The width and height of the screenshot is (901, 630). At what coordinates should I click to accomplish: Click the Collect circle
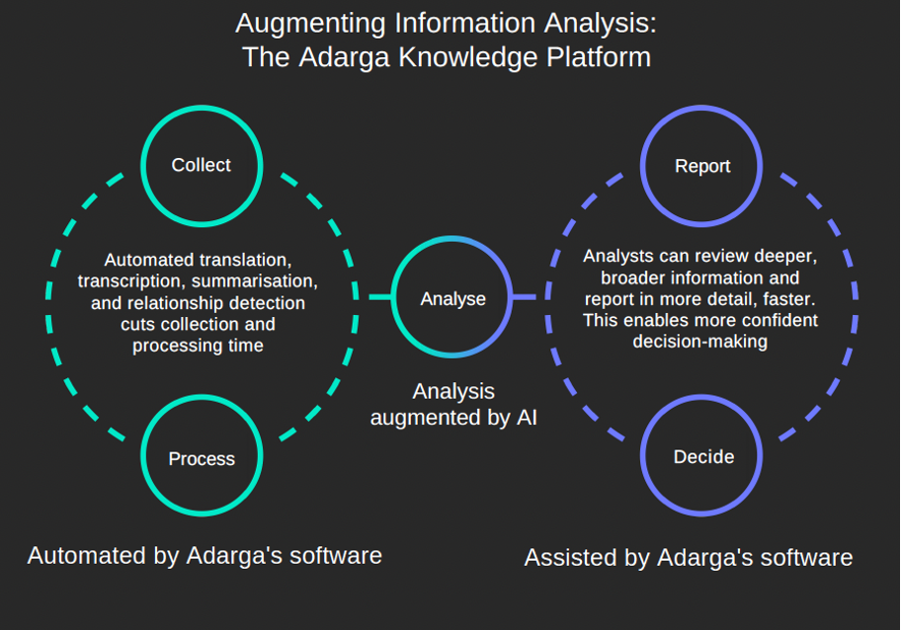pyautogui.click(x=202, y=107)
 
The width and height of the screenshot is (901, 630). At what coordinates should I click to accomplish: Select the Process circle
pyautogui.click(x=202, y=396)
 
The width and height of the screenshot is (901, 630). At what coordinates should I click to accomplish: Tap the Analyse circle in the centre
pyautogui.click(x=452, y=237)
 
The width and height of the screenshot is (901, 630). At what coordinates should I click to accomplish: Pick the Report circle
pyautogui.click(x=701, y=107)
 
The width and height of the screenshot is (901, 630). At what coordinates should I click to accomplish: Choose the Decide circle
pyautogui.click(x=701, y=396)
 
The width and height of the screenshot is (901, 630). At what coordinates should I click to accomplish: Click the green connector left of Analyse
pyautogui.click(x=379, y=297)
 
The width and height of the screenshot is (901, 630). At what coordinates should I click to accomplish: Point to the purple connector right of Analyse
pyautogui.click(x=525, y=297)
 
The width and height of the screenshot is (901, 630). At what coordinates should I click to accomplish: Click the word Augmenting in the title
pyautogui.click(x=311, y=25)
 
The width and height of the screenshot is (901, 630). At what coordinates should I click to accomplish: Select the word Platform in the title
pyautogui.click(x=599, y=57)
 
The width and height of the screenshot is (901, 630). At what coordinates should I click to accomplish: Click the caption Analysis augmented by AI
pyautogui.click(x=453, y=404)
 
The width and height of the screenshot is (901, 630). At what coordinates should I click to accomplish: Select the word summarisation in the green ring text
pyautogui.click(x=255, y=281)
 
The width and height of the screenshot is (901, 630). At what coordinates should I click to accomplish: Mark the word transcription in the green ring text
pyautogui.click(x=131, y=281)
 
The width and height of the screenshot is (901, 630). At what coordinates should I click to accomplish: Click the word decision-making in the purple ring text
pyautogui.click(x=699, y=342)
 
